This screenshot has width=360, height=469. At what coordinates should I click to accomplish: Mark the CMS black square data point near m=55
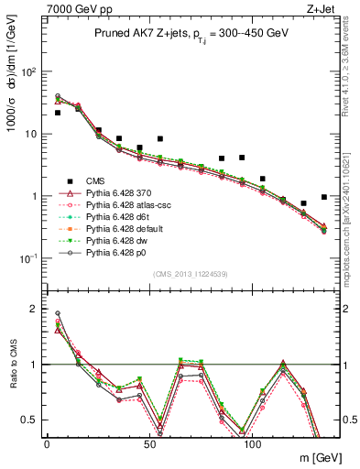(160, 139)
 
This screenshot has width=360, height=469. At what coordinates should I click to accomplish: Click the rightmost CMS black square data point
(324, 197)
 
